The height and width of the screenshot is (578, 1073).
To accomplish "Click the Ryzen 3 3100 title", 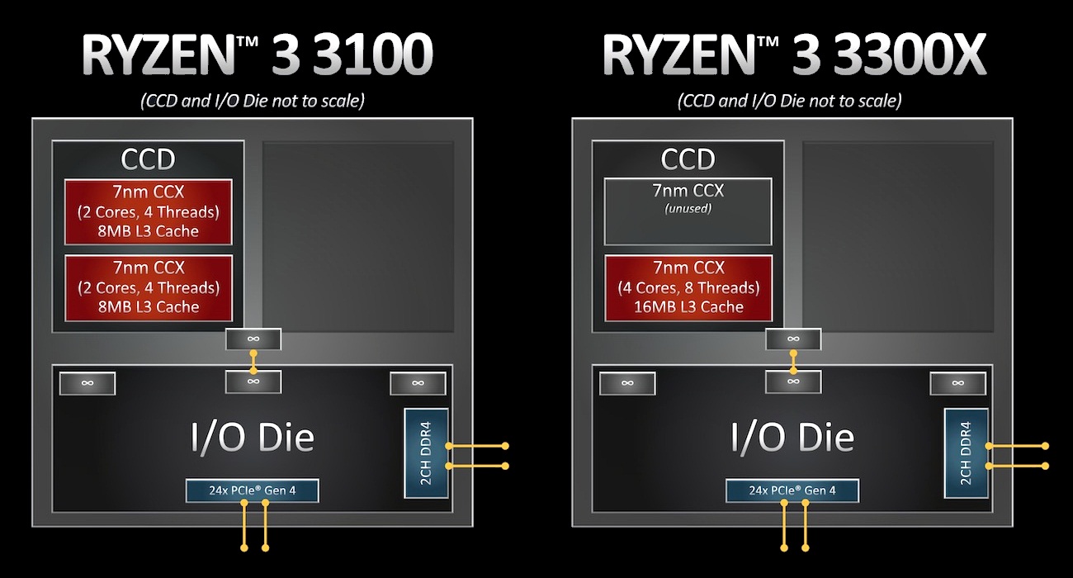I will tap(257, 55).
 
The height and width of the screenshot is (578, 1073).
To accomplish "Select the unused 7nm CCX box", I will tap(688, 211).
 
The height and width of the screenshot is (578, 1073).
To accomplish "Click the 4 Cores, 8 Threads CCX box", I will tap(688, 287).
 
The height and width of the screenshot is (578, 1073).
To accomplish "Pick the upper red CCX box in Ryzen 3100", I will tap(149, 211).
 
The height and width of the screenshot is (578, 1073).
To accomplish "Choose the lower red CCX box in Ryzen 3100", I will tap(149, 287).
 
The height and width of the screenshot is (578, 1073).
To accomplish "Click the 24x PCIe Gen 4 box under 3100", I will tap(252, 490).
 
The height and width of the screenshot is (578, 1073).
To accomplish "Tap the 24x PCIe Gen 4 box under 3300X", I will tap(792, 490).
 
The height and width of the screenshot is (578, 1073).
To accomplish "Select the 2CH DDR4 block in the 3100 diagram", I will tap(426, 453).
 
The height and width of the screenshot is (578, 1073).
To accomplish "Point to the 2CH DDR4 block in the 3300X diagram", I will tap(966, 453).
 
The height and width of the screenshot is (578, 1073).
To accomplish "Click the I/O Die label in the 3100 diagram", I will tap(253, 437).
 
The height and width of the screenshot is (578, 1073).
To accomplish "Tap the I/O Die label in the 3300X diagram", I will tap(792, 437).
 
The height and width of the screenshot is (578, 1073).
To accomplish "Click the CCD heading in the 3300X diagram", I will tap(688, 159).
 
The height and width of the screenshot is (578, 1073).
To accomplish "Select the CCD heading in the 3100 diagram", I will tap(149, 159).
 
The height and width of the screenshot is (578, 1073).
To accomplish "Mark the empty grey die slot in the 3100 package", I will tap(358, 236).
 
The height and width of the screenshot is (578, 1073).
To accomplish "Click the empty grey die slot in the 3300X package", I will tap(898, 236).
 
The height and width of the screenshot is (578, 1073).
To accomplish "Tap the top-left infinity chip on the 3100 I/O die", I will tap(87, 383).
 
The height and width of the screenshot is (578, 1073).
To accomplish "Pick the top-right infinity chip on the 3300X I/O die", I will tap(957, 383).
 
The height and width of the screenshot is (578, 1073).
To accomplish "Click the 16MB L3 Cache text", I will tap(688, 307).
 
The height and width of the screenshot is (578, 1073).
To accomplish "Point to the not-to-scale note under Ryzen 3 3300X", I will tap(789, 101).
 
